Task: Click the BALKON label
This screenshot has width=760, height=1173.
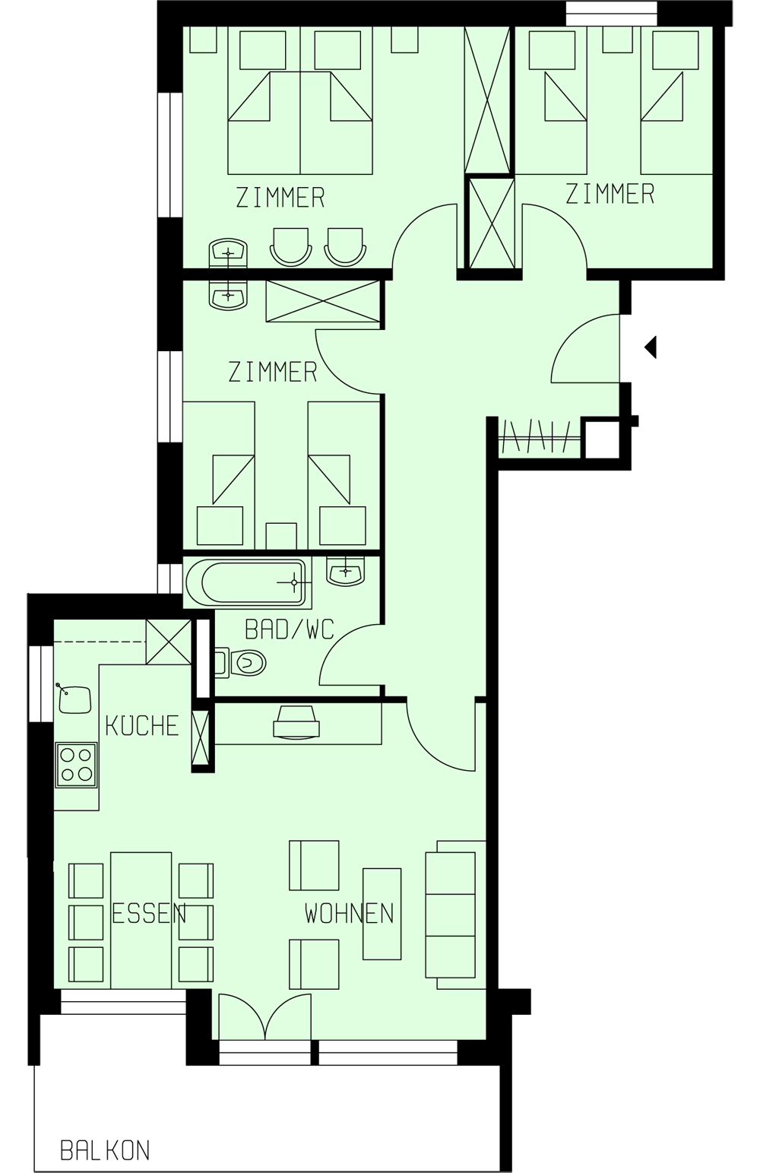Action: point(105,1150)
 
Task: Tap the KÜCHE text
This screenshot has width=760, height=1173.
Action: point(142,725)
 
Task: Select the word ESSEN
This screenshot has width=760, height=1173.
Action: point(149,912)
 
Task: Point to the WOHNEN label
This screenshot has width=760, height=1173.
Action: point(350,912)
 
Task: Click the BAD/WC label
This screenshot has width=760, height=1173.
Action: point(289,629)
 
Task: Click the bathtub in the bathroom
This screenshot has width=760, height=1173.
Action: point(247,583)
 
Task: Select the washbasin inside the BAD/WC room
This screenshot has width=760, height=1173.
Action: point(346,570)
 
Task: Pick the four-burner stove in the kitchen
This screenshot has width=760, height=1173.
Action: point(77,764)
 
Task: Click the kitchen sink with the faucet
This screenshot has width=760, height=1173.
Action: point(74,698)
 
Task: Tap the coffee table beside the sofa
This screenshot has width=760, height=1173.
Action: point(382,914)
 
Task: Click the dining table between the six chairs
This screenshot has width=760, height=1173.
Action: point(141,920)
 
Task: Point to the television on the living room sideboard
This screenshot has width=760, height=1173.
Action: point(296,722)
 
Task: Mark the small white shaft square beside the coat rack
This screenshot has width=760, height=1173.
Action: point(600,439)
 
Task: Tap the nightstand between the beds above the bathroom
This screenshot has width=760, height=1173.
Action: point(281,534)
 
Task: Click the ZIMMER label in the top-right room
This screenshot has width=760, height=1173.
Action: point(610,194)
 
